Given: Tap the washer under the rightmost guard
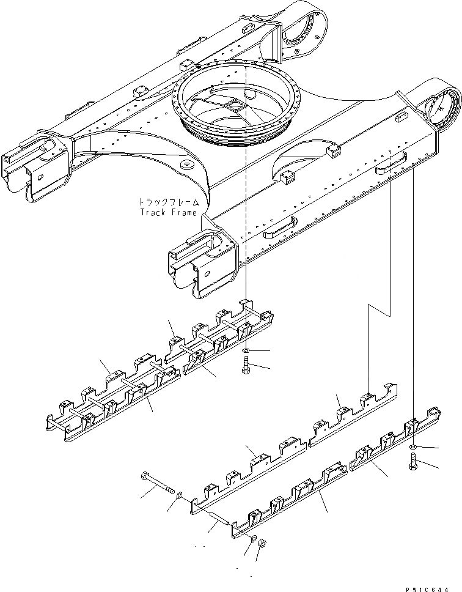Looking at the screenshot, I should tap(414, 449).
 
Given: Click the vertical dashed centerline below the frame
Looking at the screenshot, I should tap(245, 245).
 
